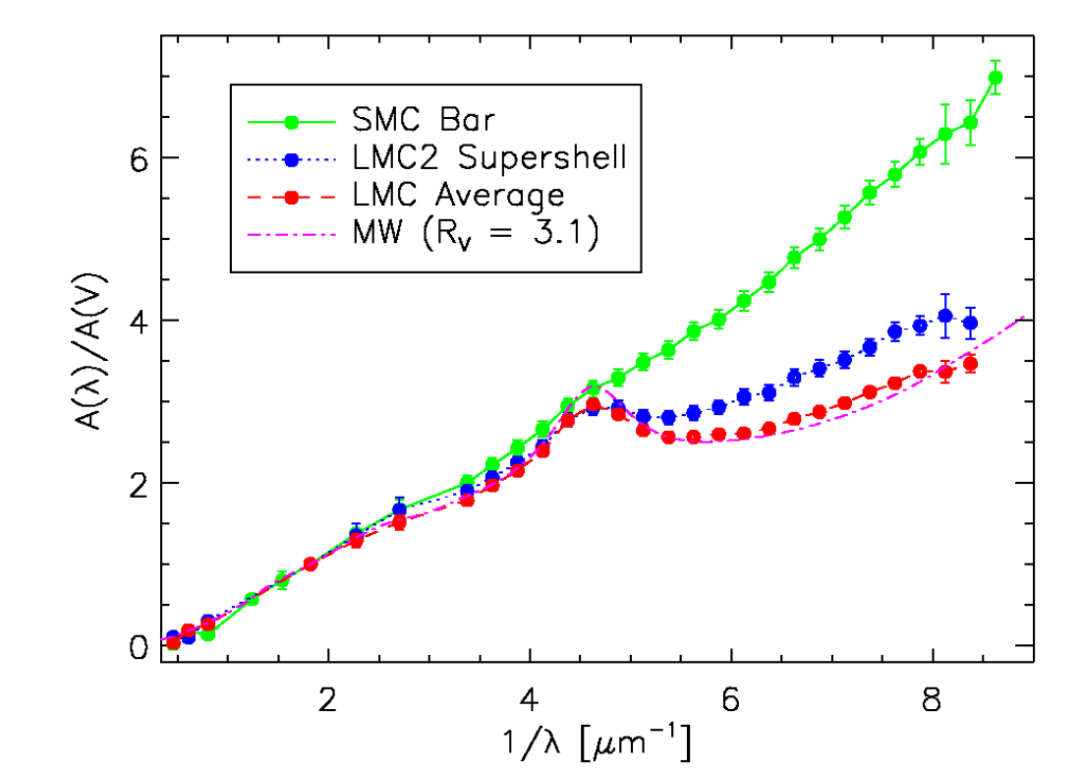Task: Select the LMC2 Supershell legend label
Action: pos(486,158)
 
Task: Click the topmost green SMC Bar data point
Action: pos(996,77)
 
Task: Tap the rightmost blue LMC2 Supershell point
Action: pos(970,323)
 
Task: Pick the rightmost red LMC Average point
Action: pos(970,364)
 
